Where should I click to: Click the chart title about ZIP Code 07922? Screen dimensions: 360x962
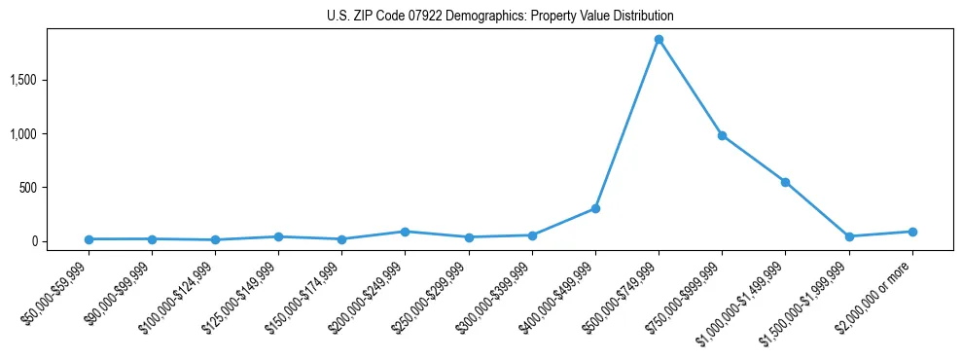500,17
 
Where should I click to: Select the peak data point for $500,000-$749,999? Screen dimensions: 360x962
659,40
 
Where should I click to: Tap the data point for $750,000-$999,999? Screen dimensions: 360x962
722,135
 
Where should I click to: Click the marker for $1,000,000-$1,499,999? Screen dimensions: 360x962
785,182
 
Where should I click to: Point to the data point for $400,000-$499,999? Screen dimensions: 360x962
595,208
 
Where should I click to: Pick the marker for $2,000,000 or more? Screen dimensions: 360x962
912,232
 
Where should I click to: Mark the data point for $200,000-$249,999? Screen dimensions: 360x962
405,232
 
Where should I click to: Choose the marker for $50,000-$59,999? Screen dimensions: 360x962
89,239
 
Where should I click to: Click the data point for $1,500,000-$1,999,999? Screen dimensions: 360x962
849,236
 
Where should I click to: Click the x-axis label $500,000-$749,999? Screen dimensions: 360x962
624,298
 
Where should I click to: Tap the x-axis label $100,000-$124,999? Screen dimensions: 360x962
180,298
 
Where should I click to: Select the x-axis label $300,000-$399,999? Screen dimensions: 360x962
497,298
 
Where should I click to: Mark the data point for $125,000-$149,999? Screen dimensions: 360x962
278,236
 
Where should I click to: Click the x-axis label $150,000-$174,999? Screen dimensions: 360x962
306,298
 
